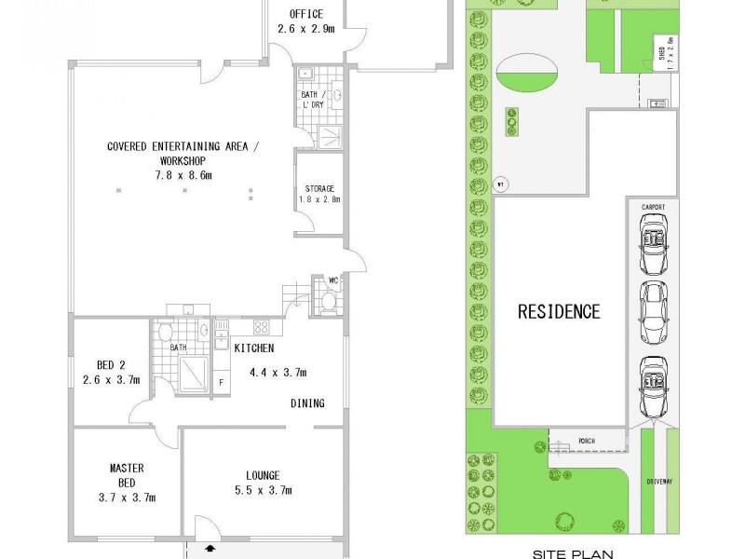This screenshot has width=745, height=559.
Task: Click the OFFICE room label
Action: click(x=306, y=14)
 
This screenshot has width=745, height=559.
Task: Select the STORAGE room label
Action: click(x=318, y=188)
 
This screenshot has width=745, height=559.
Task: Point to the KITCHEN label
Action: click(x=253, y=348)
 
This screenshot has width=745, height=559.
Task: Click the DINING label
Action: click(x=306, y=403)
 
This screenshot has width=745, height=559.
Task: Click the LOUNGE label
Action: click(x=264, y=475)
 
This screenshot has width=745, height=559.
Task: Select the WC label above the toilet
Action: click(x=332, y=280)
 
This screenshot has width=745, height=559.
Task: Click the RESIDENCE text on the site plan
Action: click(x=559, y=311)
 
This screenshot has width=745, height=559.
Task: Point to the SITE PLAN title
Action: click(x=569, y=552)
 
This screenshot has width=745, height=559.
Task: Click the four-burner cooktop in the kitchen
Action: click(x=262, y=327)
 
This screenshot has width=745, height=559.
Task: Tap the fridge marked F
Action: click(x=220, y=382)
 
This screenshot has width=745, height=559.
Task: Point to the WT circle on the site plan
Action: click(x=500, y=182)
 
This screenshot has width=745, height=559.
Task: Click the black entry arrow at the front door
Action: click(x=210, y=550)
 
